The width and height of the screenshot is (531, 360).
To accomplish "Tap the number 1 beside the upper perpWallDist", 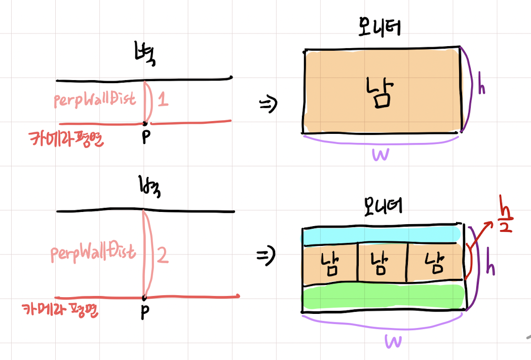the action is pyautogui.click(x=163, y=100).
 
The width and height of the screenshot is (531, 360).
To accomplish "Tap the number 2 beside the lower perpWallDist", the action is pyautogui.click(x=163, y=256).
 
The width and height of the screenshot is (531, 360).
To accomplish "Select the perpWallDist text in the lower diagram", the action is pyautogui.click(x=94, y=251).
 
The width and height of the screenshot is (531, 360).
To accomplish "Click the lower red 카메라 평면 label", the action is pyautogui.click(x=60, y=310).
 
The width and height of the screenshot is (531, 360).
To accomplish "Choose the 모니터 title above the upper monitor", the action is pyautogui.click(x=378, y=28).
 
